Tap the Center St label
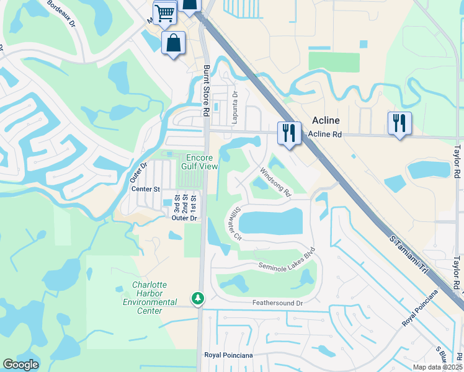pos(148,188)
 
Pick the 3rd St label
pos(176,205)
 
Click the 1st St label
pos(194,205)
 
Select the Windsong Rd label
pos(275,182)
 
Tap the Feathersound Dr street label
pos(277,303)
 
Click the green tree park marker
pos(198,299)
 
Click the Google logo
pos(21,365)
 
